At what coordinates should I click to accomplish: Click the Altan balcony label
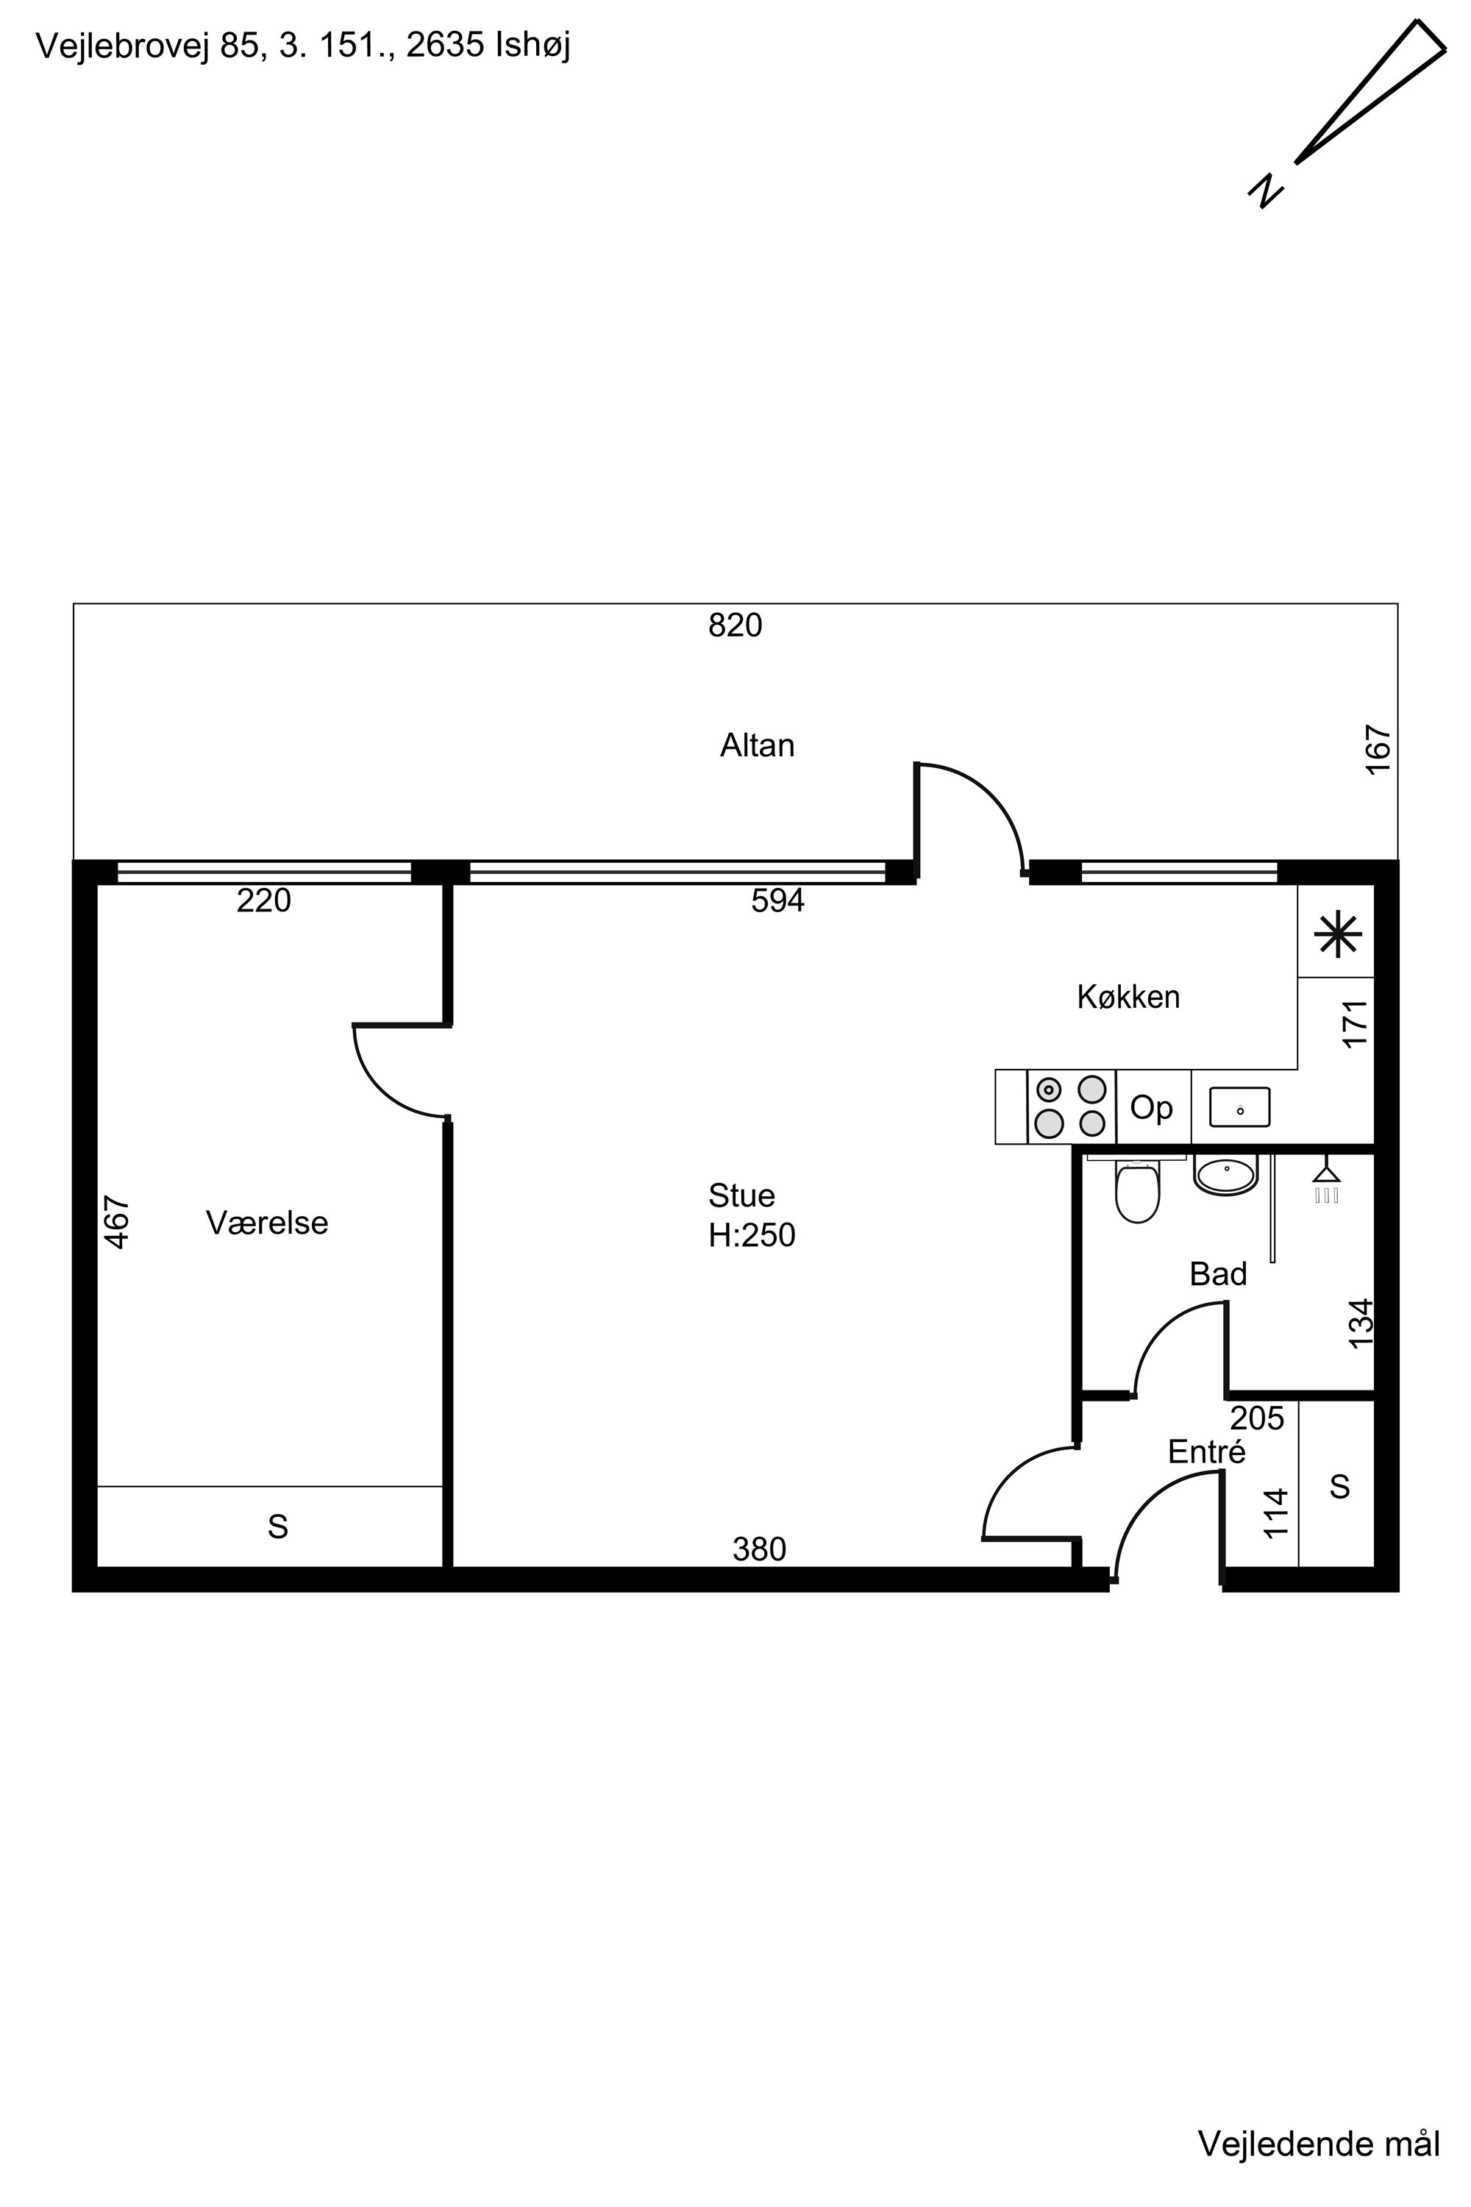point(757,745)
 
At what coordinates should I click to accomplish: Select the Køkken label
point(1128,997)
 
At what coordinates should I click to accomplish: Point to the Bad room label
point(1218,1273)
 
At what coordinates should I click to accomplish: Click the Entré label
point(1206,1451)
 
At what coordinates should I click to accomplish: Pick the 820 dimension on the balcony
point(735,625)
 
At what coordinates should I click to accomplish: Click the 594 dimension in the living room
point(777,900)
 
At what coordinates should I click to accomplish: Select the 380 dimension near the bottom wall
point(759,1549)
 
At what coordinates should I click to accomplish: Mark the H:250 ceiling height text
point(752,1235)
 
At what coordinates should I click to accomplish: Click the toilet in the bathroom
point(1137,1191)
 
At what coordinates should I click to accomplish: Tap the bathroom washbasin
point(1225,1175)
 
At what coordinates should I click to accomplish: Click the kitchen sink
point(1239,1106)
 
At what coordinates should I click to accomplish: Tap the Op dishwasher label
point(1151,1108)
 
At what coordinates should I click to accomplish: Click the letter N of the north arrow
point(1266,191)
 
